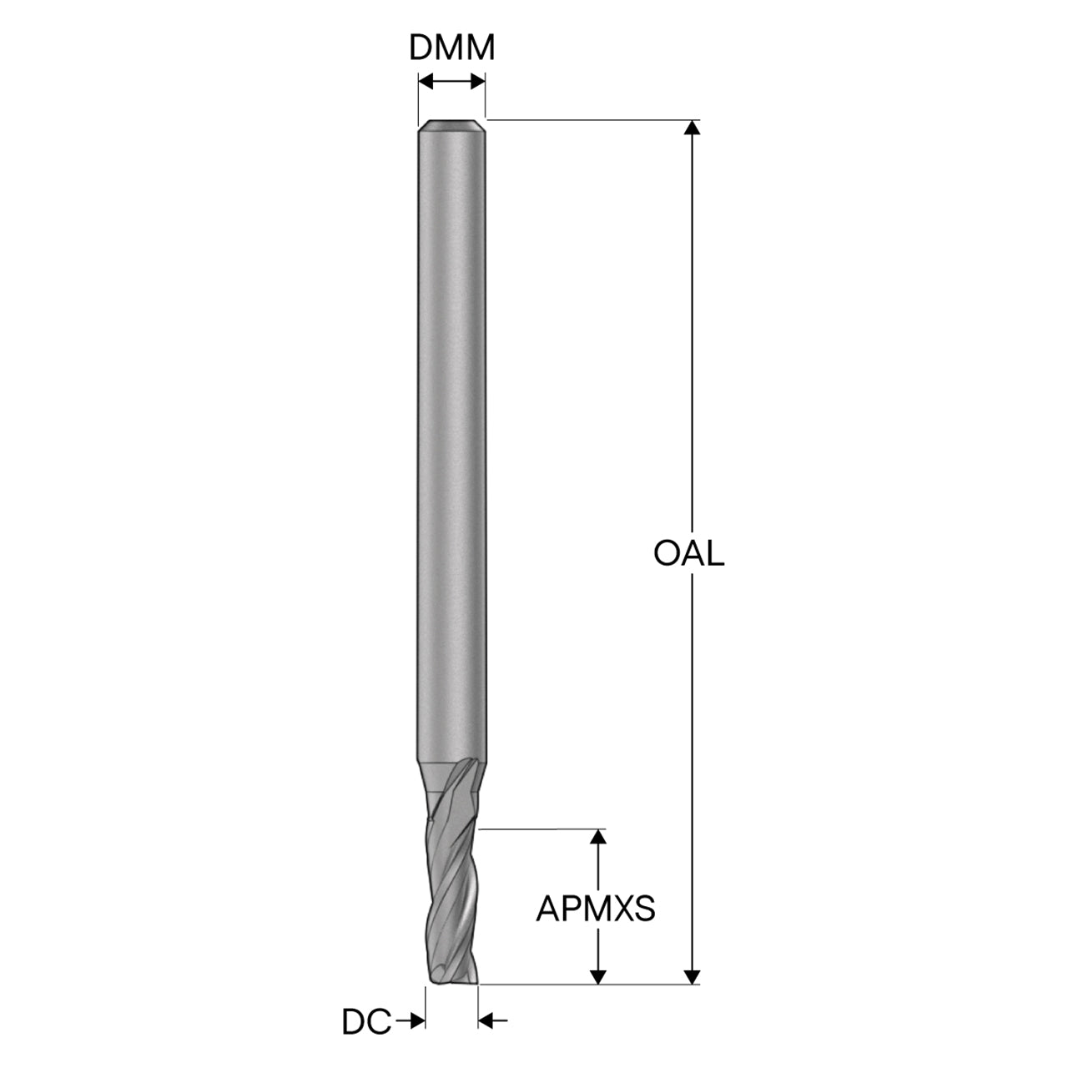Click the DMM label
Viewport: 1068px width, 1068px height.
451,48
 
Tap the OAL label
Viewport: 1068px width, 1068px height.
689,554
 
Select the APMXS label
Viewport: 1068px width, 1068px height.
596,909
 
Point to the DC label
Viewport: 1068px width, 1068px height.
366,1023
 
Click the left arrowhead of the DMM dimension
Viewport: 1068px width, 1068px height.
426,82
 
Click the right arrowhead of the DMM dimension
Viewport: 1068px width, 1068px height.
478,82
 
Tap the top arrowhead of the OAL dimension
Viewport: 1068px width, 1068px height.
692,128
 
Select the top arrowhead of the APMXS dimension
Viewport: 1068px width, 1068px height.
597,837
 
